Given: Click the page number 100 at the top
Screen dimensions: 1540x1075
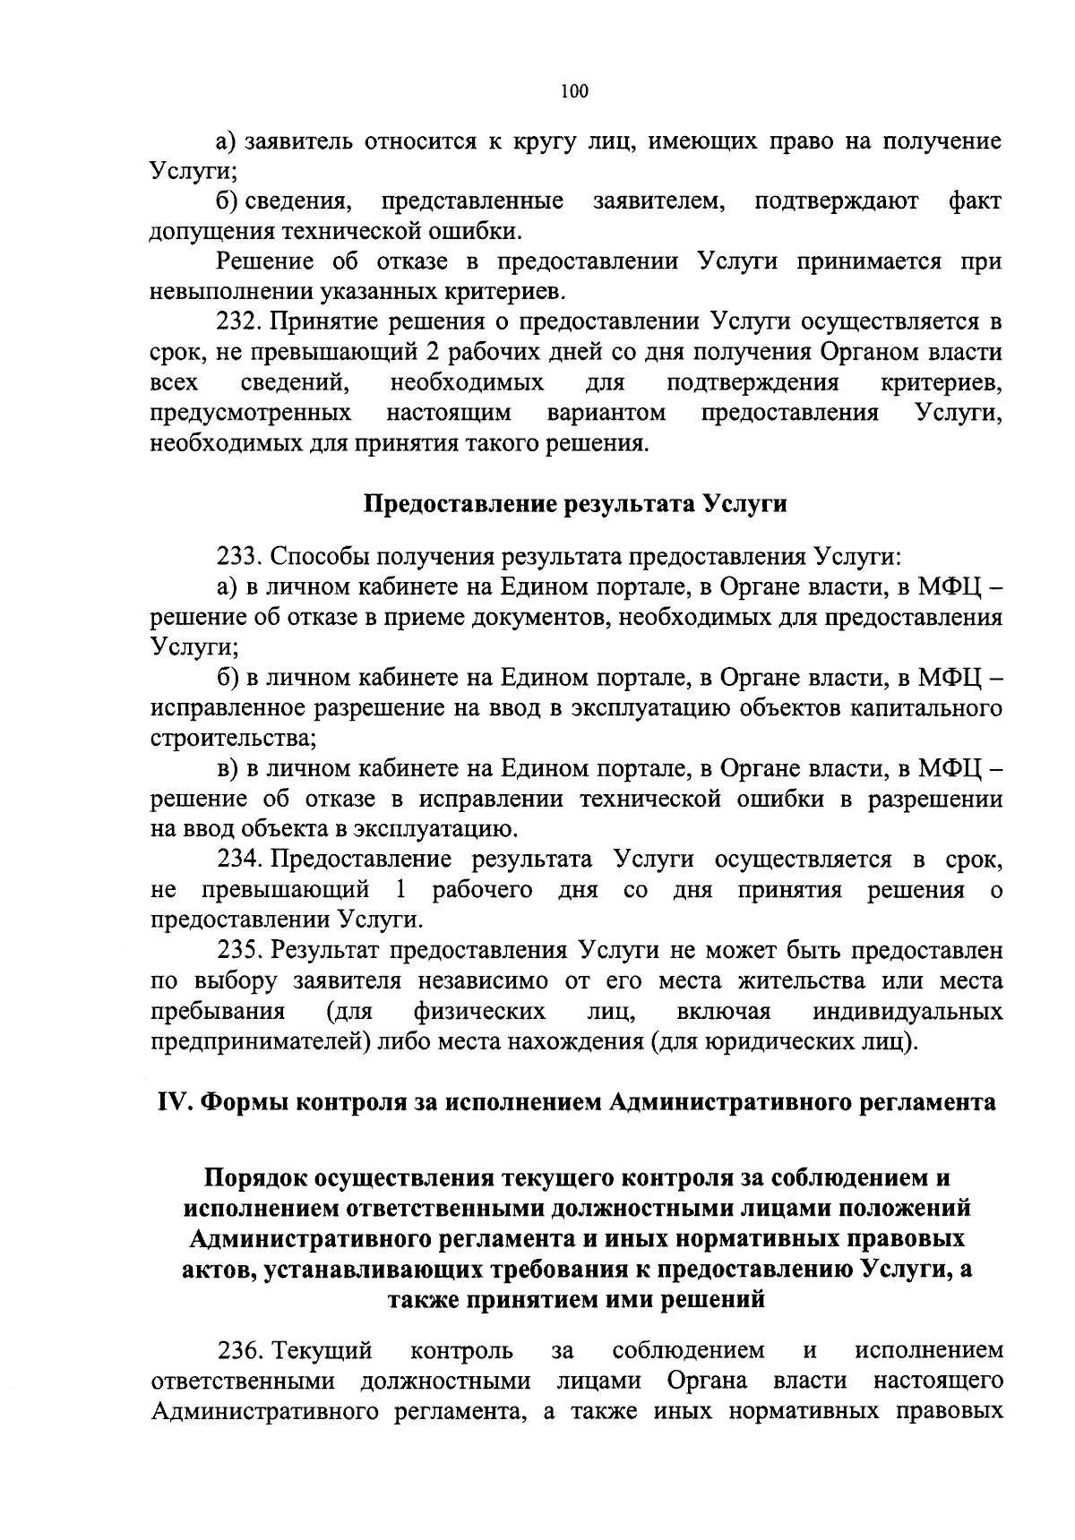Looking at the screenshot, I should tap(573, 90).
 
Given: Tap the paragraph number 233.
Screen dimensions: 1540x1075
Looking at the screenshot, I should tap(239, 557).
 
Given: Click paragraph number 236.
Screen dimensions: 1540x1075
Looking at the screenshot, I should tap(239, 1349).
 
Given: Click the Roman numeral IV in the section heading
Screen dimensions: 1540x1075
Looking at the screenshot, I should tap(170, 1102).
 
